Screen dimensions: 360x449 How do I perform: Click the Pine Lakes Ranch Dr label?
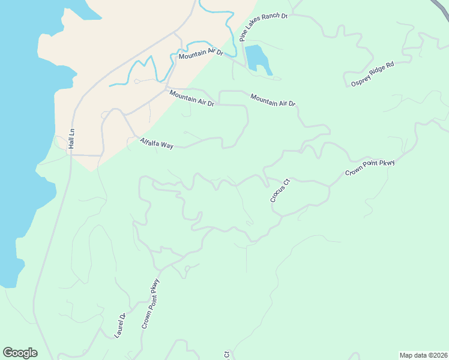coord(264,28)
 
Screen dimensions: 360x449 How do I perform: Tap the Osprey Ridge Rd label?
coord(372,73)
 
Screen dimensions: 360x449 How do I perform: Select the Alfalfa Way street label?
coord(156,143)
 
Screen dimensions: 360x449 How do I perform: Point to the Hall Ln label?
coord(71,139)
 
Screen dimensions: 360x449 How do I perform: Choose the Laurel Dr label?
coord(119,325)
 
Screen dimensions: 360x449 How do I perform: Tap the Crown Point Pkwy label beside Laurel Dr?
coord(151,304)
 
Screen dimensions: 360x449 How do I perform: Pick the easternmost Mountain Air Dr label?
coord(273,100)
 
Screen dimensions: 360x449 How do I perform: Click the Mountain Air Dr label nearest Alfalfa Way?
coord(191,98)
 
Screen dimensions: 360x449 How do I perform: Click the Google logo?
coord(20,352)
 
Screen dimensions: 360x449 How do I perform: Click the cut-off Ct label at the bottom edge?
coord(227,355)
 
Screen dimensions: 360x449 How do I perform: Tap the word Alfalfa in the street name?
coord(149,142)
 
